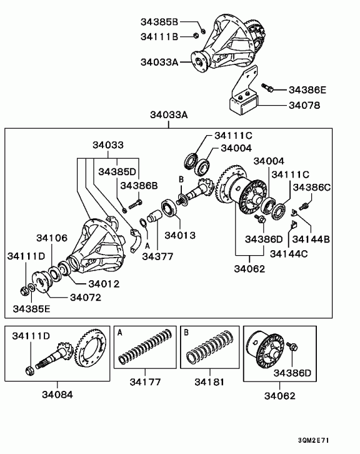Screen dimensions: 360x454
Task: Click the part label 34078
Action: (x=304, y=106)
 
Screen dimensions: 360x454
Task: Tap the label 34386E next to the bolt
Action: (x=307, y=90)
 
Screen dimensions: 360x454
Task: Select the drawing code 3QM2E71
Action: (x=314, y=440)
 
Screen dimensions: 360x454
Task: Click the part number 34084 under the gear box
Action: (x=57, y=395)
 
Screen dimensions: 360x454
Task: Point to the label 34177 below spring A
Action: (x=145, y=382)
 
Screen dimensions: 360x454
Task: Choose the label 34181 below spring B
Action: (x=209, y=382)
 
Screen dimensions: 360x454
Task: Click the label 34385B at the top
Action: (x=159, y=22)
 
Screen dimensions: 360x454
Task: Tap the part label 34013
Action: (x=180, y=235)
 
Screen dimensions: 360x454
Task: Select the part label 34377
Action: (x=157, y=256)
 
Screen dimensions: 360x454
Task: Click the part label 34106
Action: (x=52, y=238)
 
